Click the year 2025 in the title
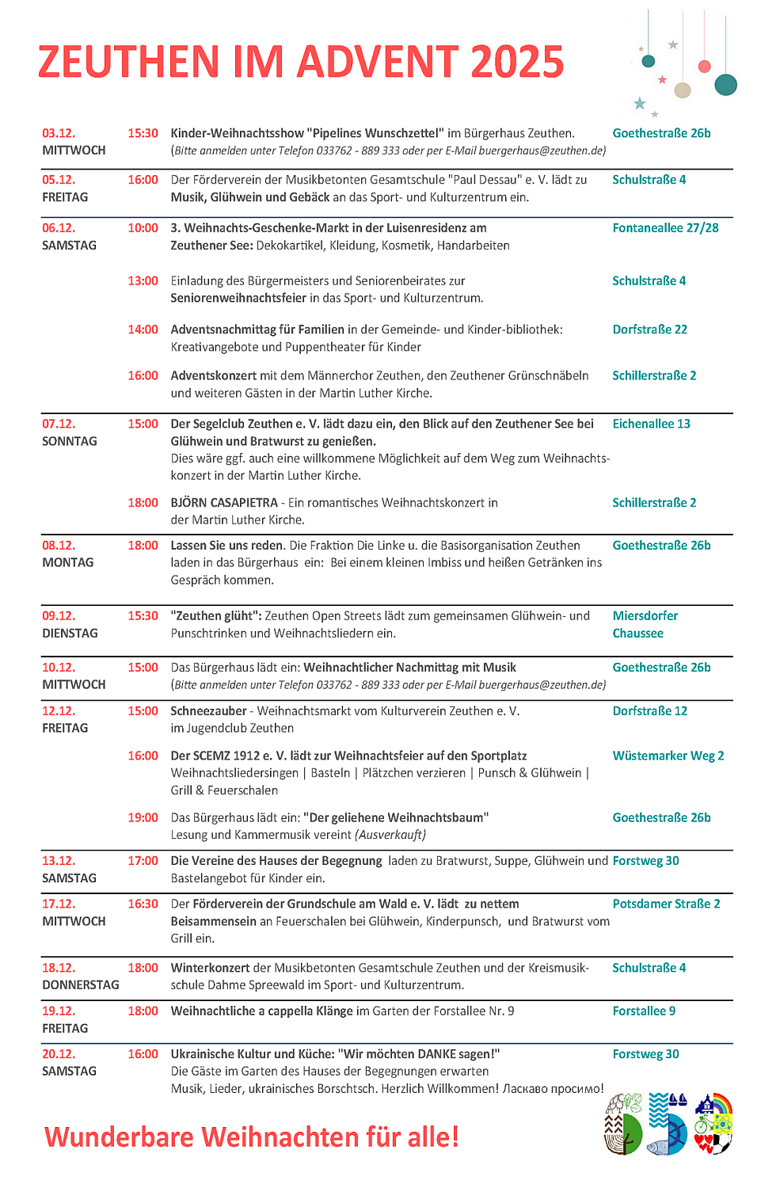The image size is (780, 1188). (x=517, y=62)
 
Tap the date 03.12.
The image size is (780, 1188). (x=59, y=133)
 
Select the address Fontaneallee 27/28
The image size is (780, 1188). (x=665, y=228)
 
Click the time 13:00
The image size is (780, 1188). (x=143, y=281)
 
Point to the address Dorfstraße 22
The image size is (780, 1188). (x=649, y=329)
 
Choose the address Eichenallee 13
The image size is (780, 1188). (x=651, y=424)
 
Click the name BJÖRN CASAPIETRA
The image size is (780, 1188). (x=224, y=503)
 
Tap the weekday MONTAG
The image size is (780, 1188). (x=68, y=562)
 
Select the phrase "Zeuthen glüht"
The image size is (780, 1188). (x=215, y=616)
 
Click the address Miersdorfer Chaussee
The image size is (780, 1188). (x=645, y=624)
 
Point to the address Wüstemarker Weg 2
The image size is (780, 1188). (x=668, y=756)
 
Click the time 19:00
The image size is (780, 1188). (x=143, y=817)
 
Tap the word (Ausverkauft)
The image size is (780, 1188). (x=390, y=835)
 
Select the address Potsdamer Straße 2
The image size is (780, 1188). (x=666, y=904)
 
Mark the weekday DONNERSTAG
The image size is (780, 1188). (x=81, y=984)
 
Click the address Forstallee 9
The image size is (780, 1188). (x=644, y=1011)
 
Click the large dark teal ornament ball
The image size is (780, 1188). (x=725, y=84)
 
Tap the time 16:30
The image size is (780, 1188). (x=143, y=904)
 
